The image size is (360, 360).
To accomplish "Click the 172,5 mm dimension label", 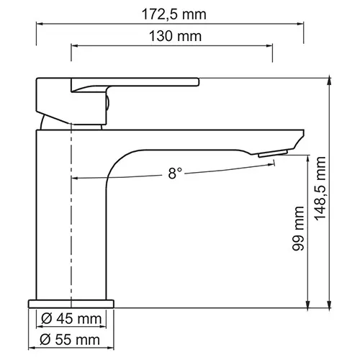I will pyautogui.click(x=170, y=12).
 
